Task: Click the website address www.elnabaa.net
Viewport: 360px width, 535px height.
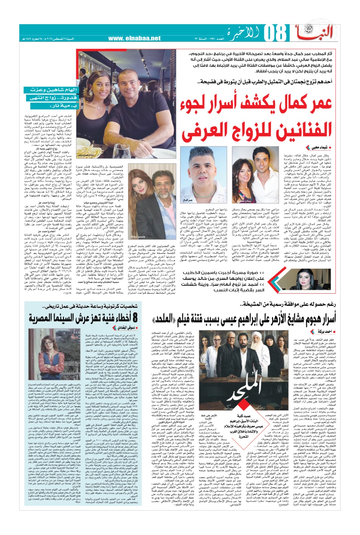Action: point(134,38)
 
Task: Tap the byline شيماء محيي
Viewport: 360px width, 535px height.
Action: point(317,147)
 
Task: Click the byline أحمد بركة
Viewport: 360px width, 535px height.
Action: point(323,331)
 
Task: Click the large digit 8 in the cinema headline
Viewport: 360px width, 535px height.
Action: point(135,317)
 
